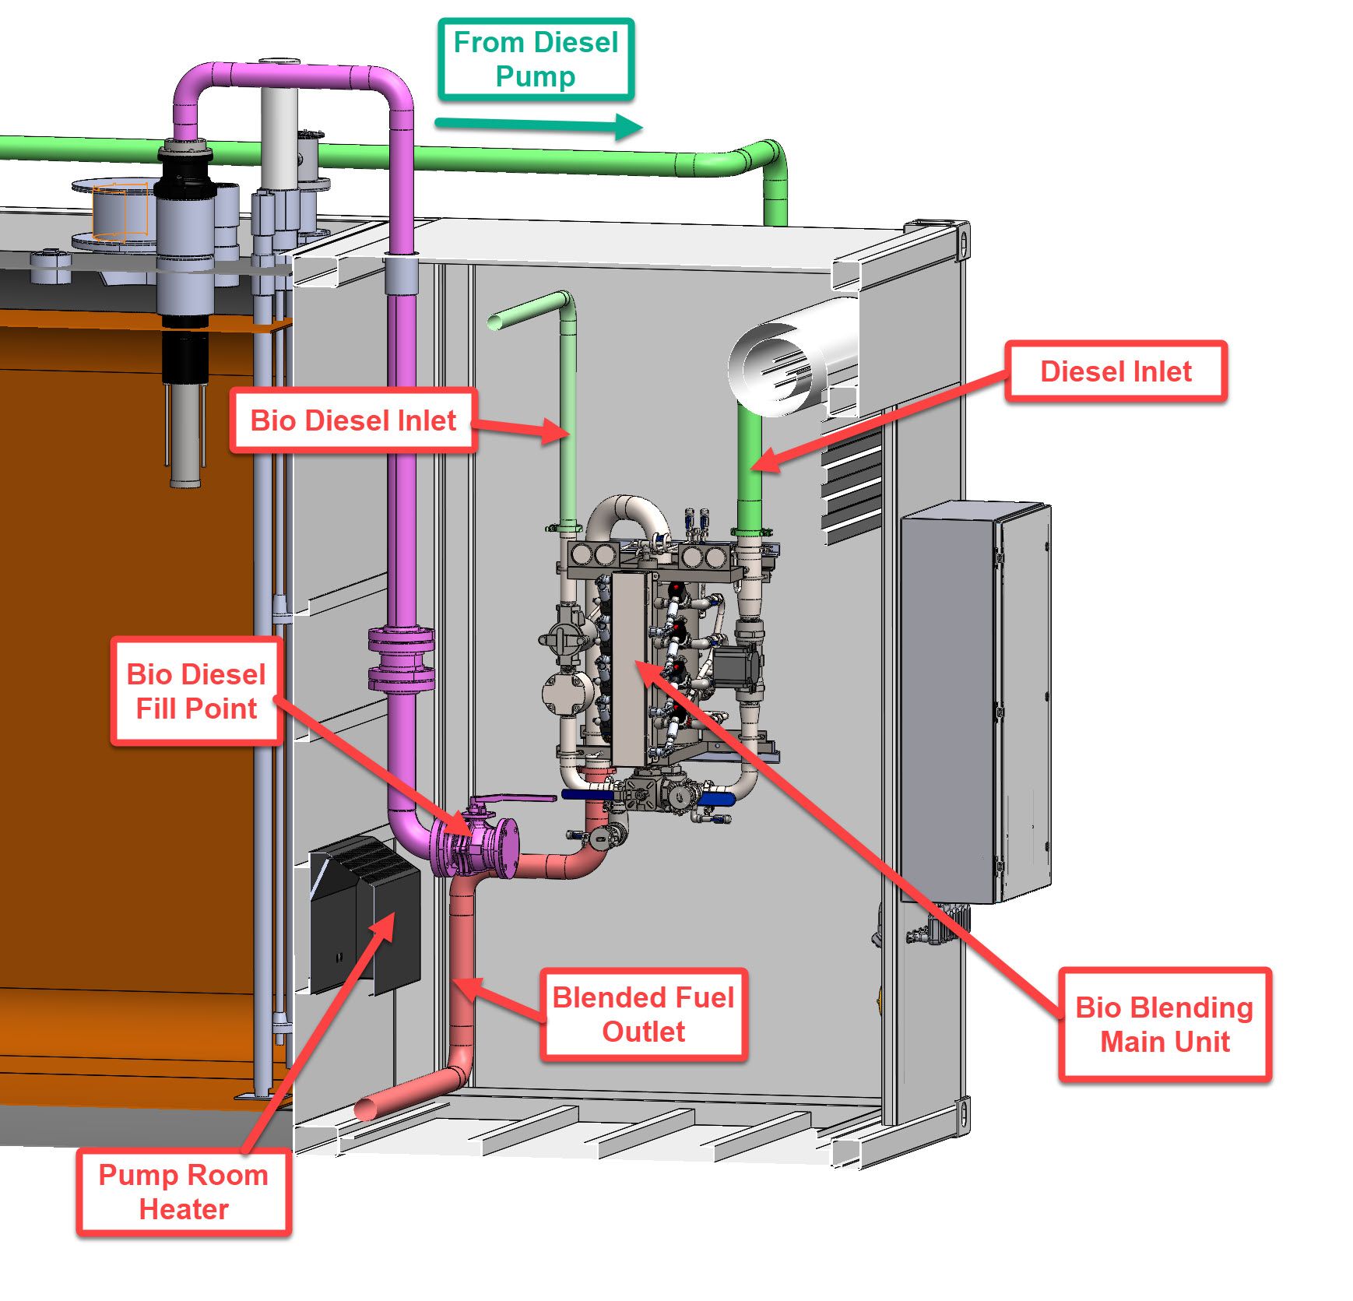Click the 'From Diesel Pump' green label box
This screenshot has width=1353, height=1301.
click(x=536, y=60)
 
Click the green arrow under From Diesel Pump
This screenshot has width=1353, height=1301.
click(x=537, y=125)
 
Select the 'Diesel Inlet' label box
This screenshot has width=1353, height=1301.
click(x=1116, y=371)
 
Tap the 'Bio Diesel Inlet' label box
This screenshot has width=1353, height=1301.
click(x=353, y=420)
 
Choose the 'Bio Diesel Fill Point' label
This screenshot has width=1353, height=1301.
click(x=196, y=691)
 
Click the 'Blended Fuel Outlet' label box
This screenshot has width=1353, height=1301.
click(x=643, y=1014)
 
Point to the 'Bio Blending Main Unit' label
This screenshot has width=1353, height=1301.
click(x=1164, y=1025)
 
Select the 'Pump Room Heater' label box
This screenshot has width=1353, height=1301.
click(x=184, y=1192)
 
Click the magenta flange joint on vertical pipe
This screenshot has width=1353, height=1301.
click(x=401, y=659)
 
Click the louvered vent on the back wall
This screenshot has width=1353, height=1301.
click(x=852, y=483)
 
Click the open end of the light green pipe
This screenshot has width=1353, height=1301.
click(x=494, y=321)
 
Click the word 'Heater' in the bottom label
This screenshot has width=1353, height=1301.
click(x=184, y=1209)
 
